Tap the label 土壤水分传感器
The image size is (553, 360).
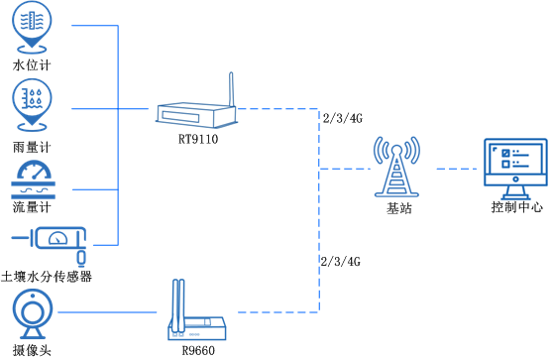coord(47,276)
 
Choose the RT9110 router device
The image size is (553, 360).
coord(199,114)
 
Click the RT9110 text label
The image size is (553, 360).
coord(198,139)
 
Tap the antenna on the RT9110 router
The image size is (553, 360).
coord(229,87)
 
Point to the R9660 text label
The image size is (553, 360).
coord(198,350)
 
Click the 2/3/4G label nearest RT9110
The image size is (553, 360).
coord(343,119)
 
